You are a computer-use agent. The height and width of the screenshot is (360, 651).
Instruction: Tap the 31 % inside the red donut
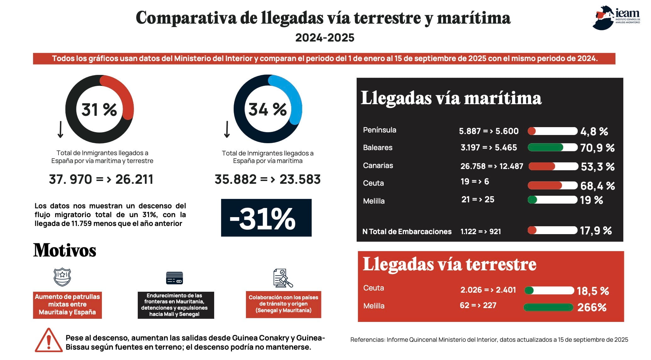(99, 110)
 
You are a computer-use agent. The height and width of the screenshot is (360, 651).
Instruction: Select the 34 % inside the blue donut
(267, 109)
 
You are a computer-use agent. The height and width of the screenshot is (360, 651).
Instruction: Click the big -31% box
(266, 218)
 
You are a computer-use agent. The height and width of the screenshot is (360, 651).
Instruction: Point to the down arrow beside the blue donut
(227, 129)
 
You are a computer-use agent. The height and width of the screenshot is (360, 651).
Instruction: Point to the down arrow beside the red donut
(60, 129)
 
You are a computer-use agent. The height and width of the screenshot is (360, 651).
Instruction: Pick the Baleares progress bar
(553, 147)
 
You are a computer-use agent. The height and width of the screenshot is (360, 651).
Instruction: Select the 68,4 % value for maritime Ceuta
(598, 186)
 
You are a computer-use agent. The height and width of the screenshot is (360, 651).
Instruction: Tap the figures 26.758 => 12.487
(492, 166)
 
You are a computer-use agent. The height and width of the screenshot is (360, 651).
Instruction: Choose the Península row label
(380, 130)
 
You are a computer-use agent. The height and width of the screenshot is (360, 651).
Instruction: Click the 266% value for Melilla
(592, 307)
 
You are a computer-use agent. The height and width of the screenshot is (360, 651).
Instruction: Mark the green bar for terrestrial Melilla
(548, 307)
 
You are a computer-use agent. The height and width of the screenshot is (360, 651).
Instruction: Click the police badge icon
(62, 277)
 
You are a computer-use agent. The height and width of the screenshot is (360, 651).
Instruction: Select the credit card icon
(175, 278)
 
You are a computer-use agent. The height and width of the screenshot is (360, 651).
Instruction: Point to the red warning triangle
(48, 340)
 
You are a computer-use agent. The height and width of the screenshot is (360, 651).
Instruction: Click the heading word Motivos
(65, 250)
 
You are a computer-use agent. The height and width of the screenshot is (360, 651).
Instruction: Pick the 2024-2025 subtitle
(325, 38)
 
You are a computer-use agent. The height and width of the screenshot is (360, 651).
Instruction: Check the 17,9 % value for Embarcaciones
(596, 231)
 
